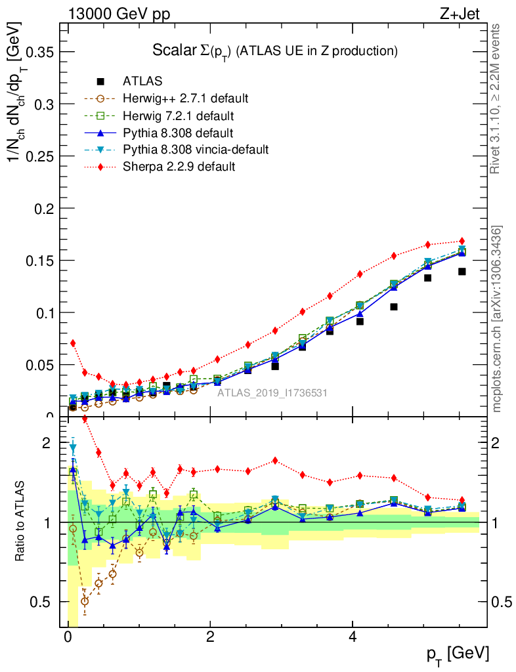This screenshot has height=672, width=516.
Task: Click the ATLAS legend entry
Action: point(142,81)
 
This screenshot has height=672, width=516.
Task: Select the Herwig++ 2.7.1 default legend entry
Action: point(185,98)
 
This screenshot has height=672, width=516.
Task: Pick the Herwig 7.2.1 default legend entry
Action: point(178,115)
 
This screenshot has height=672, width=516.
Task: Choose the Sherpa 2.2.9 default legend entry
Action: point(179,167)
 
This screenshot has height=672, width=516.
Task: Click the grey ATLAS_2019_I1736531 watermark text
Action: point(272,392)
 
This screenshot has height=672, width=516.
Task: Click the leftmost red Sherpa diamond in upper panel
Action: point(73,343)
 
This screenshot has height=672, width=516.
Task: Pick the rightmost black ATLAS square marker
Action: point(462,272)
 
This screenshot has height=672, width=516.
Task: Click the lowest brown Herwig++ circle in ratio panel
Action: point(84,600)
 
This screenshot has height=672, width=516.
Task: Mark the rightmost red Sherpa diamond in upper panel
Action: point(462,241)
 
